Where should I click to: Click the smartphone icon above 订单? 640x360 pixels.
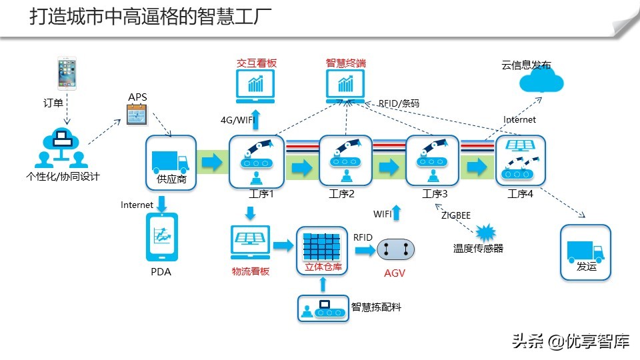pos(66,74)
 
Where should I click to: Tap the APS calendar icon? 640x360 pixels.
pos(137,116)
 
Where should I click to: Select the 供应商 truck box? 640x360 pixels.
pos(171,163)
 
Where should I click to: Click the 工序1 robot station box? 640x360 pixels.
pos(257,161)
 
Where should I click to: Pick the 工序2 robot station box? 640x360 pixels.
pos(345,161)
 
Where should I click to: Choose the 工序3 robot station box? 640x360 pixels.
pos(432,161)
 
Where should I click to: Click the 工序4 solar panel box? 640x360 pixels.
pos(520,161)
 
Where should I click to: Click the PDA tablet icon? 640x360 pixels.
pos(161,237)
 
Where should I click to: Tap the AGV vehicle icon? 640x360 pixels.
pos(396,249)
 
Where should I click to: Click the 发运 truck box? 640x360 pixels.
pos(585,251)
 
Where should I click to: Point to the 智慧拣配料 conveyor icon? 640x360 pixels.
pos(323,309)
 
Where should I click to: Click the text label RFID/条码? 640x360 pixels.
pos(399,104)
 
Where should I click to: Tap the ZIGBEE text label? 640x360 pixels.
pos(456,215)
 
